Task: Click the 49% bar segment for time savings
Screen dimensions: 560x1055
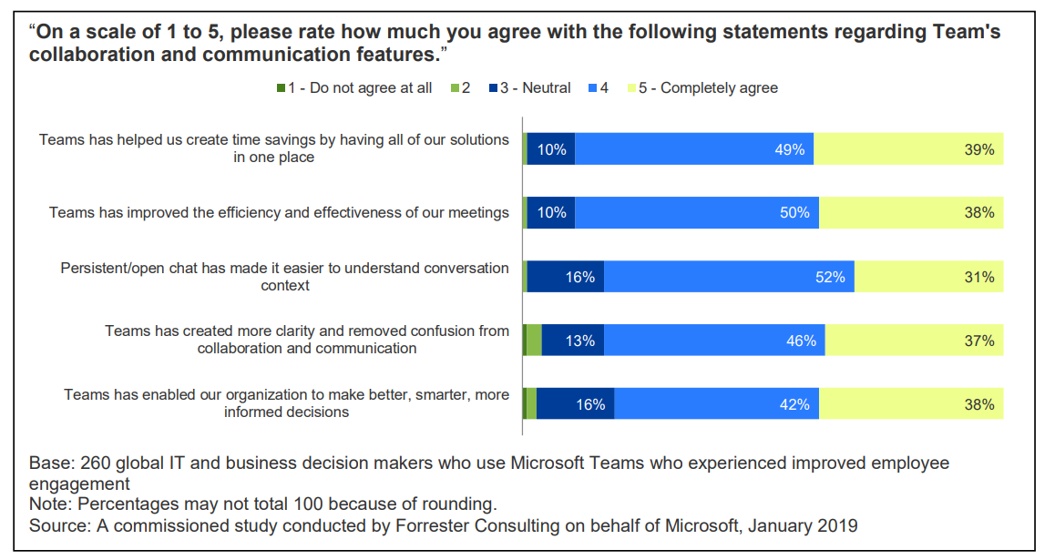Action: click(x=694, y=149)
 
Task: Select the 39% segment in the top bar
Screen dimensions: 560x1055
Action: click(x=908, y=149)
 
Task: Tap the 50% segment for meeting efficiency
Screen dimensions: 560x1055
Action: click(x=697, y=213)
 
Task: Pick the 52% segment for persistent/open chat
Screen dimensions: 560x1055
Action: click(x=729, y=277)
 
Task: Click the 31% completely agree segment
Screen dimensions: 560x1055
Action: click(x=928, y=277)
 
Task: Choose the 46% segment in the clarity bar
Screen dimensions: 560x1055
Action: click(x=714, y=341)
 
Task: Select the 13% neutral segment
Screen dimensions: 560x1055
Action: click(x=573, y=341)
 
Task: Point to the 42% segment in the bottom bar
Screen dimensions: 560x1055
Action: click(x=716, y=404)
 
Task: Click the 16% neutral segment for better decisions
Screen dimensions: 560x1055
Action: click(x=576, y=404)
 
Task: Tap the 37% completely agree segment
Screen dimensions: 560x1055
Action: click(x=914, y=341)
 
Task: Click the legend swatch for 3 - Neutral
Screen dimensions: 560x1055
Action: click(x=493, y=88)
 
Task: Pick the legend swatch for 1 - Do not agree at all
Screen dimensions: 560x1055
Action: click(x=281, y=88)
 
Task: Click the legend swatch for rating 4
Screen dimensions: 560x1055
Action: click(x=591, y=88)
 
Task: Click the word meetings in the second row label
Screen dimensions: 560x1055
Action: click(x=477, y=213)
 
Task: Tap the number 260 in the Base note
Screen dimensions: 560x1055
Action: click(x=89, y=463)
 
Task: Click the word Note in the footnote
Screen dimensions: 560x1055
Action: click(x=49, y=504)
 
